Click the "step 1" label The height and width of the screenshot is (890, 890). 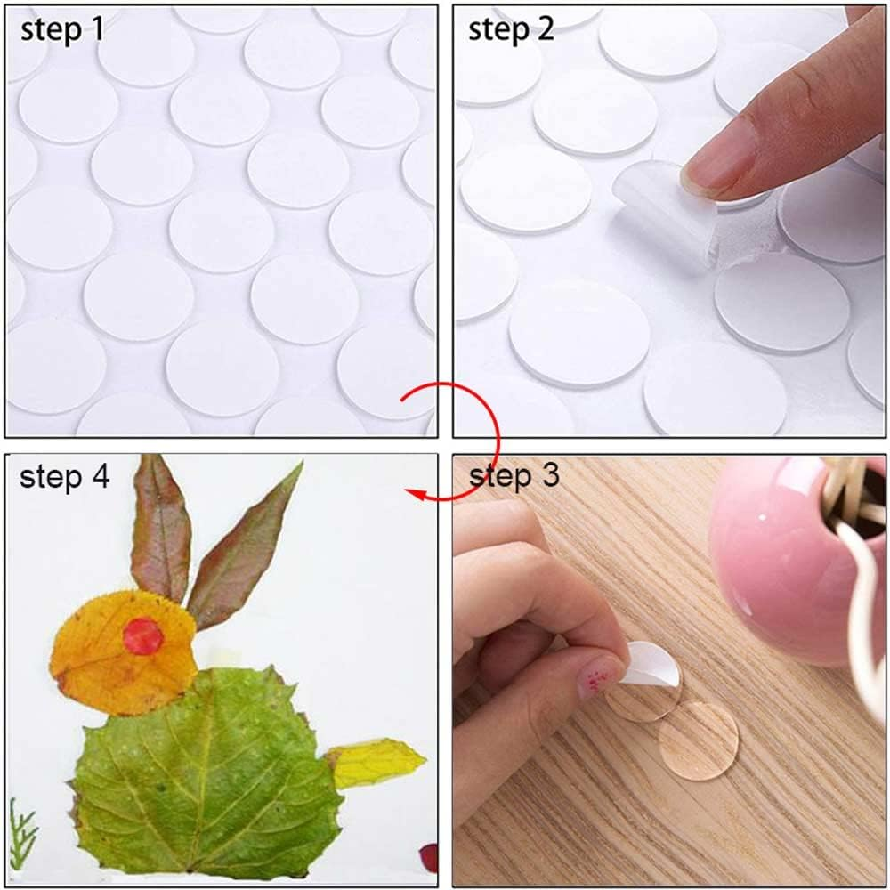pyautogui.click(x=62, y=29)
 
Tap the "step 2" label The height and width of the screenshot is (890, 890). pyautogui.click(x=511, y=29)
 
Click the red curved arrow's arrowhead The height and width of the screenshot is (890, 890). pyautogui.click(x=412, y=492)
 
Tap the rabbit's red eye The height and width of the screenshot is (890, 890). pyautogui.click(x=142, y=636)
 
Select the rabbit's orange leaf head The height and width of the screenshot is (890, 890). pyautogui.click(x=120, y=654)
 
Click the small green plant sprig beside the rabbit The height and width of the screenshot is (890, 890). pyautogui.click(x=22, y=832)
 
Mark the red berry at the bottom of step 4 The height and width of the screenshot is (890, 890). pyautogui.click(x=429, y=857)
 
